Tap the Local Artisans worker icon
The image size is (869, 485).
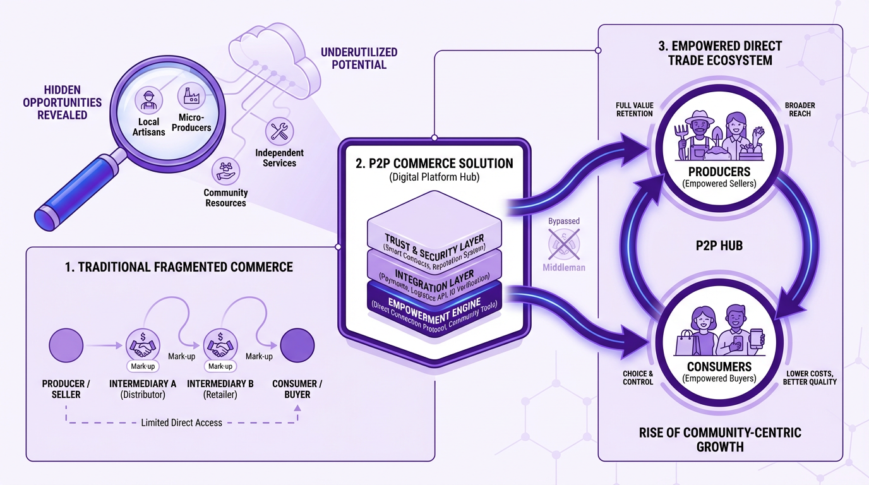pos(149,100)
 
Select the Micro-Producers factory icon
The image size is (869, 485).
pos(189,95)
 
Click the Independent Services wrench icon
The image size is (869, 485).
pos(279,131)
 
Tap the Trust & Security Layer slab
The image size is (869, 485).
pos(434,234)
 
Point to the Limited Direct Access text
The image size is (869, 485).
pos(181,422)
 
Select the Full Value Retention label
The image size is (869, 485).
pos(635,109)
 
